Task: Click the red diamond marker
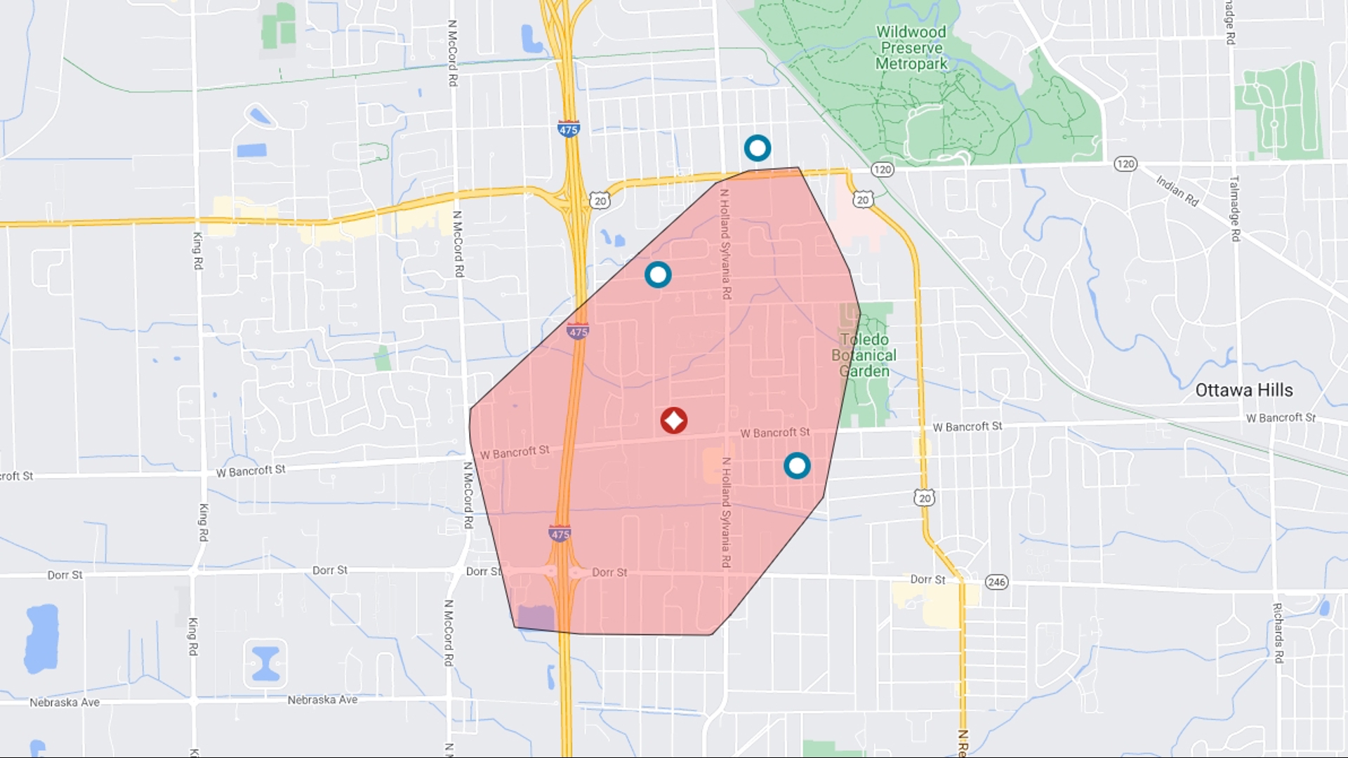click(x=674, y=420)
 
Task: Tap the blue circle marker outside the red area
click(x=758, y=148)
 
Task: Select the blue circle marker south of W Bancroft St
click(x=797, y=465)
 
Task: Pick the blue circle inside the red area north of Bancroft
click(x=658, y=274)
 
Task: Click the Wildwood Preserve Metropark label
click(x=911, y=48)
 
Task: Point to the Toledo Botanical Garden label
click(x=864, y=355)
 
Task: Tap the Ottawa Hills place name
click(x=1244, y=390)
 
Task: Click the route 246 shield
click(x=996, y=582)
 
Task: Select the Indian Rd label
click(x=1177, y=190)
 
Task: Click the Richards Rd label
click(x=1278, y=633)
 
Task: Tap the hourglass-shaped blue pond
click(x=266, y=663)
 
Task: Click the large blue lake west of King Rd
click(x=41, y=638)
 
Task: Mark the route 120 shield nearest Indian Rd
click(x=1125, y=164)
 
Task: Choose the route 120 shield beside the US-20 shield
click(x=883, y=169)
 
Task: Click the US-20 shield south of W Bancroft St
click(x=925, y=498)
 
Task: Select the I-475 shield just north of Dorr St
click(x=560, y=534)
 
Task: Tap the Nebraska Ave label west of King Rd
click(x=65, y=703)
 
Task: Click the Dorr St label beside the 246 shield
click(x=927, y=580)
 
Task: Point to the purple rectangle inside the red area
click(x=536, y=618)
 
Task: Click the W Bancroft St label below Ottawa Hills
click(x=1281, y=418)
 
